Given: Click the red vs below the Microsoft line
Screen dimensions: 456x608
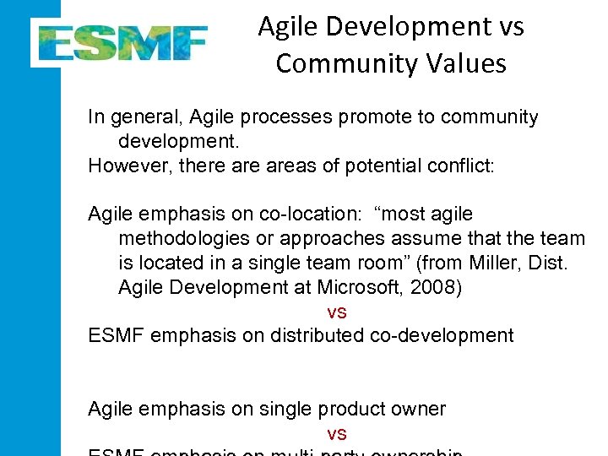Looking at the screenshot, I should click(336, 312).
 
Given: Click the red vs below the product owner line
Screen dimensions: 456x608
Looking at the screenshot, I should click(336, 434).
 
